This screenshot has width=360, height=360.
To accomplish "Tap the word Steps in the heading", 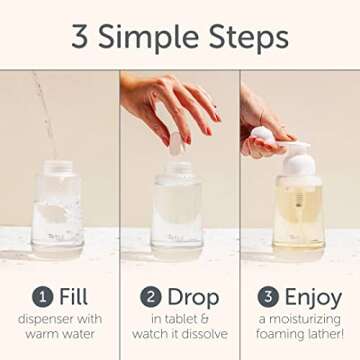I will tap(247, 37).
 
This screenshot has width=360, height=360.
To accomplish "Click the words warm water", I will tap(59, 334).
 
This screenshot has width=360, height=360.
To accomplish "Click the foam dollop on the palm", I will tap(262, 134).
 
